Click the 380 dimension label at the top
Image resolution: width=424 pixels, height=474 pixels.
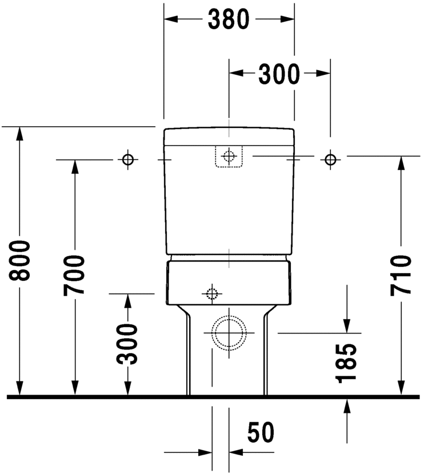(229, 20)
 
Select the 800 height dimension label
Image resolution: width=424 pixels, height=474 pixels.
(21, 260)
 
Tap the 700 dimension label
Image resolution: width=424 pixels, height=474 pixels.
(74, 275)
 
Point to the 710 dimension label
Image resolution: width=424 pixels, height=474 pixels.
(401, 275)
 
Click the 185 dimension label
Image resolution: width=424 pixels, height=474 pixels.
(347, 363)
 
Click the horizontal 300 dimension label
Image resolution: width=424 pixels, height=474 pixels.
(279, 74)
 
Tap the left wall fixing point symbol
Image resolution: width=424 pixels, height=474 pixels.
(128, 159)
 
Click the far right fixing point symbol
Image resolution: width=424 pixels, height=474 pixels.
(330, 159)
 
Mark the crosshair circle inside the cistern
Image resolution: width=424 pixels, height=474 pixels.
(229, 156)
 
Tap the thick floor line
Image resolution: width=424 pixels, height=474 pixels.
(212, 396)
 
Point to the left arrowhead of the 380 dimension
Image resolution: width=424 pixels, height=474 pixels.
(170, 19)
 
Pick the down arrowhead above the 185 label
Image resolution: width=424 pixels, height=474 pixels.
(347, 326)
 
